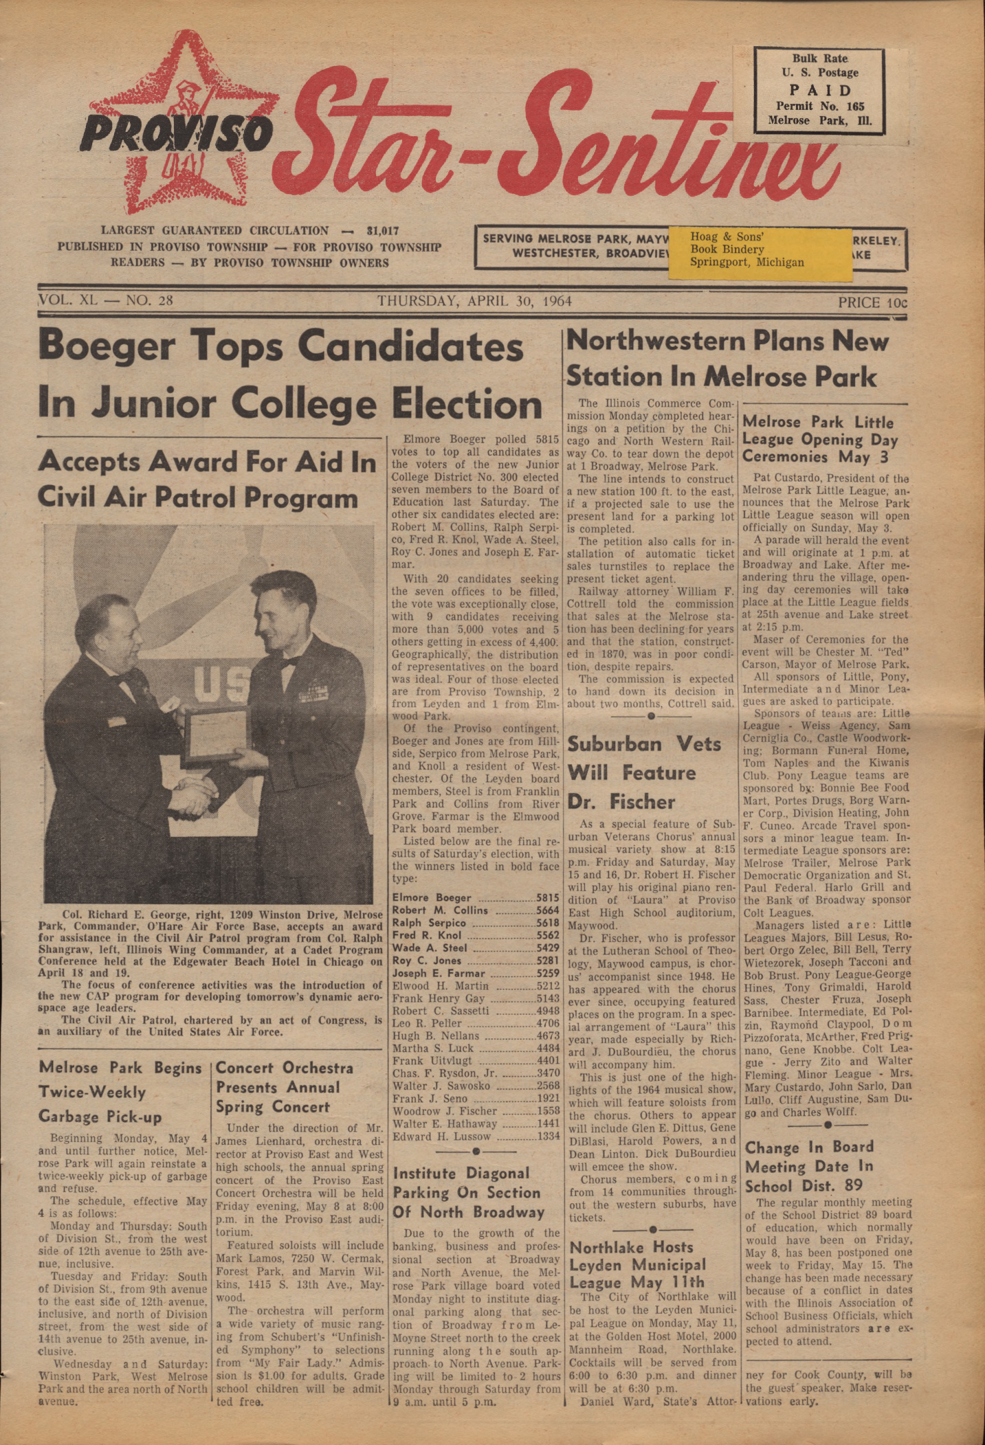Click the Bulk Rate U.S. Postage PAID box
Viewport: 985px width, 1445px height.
click(819, 91)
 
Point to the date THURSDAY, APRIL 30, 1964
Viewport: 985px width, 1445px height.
click(474, 301)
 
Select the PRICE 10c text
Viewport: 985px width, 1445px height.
click(872, 302)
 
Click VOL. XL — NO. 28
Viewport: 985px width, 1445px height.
click(106, 300)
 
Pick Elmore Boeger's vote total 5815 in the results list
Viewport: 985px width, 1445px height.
click(548, 897)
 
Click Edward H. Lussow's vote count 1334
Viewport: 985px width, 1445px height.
click(548, 1136)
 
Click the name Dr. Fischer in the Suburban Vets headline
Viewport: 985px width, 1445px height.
click(621, 802)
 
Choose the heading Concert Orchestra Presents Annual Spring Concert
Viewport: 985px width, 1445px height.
click(285, 1087)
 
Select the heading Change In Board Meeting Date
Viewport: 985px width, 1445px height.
click(809, 1166)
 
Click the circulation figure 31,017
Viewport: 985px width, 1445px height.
click(383, 231)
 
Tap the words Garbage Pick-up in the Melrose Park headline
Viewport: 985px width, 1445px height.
click(100, 1117)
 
